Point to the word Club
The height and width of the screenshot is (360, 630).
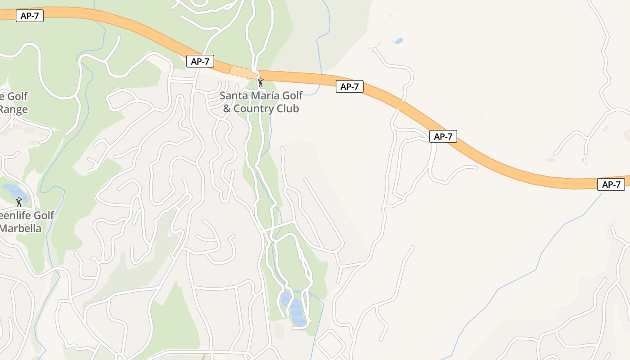click(x=289, y=109)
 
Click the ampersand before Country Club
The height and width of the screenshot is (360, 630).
click(x=227, y=109)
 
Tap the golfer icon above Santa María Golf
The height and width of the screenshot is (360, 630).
click(x=260, y=82)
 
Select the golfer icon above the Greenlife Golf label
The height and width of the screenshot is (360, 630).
click(x=19, y=202)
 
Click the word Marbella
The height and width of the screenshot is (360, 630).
click(x=21, y=228)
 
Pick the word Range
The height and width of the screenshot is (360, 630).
click(x=14, y=109)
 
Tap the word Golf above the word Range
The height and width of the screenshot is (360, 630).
click(x=18, y=96)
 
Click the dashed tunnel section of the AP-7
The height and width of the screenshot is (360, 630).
click(x=243, y=72)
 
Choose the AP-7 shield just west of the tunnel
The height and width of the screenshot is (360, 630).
click(x=200, y=61)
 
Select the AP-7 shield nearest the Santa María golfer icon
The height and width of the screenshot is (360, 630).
click(x=349, y=86)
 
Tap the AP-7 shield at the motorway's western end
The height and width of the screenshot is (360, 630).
click(x=30, y=16)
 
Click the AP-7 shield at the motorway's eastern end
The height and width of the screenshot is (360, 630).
click(x=611, y=184)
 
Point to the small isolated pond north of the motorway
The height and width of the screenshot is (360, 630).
click(x=399, y=41)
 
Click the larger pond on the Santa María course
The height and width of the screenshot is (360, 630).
click(x=297, y=312)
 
